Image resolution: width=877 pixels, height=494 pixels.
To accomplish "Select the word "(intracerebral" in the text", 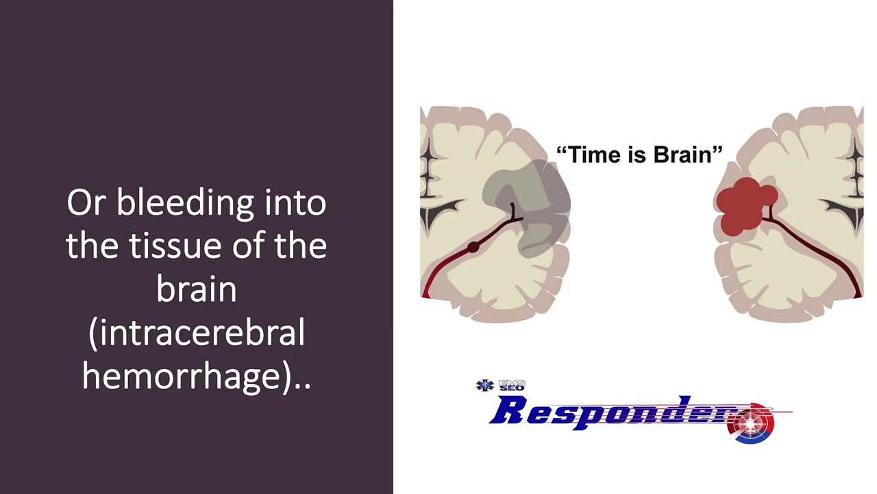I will click(196, 333).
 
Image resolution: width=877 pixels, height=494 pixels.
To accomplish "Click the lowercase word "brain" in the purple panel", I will click(196, 290).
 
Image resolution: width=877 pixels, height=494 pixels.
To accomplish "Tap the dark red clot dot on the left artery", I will click(472, 248).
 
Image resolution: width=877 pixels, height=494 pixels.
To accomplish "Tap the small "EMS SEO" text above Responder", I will click(511, 386).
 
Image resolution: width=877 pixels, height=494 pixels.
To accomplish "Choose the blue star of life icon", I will click(485, 386).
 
